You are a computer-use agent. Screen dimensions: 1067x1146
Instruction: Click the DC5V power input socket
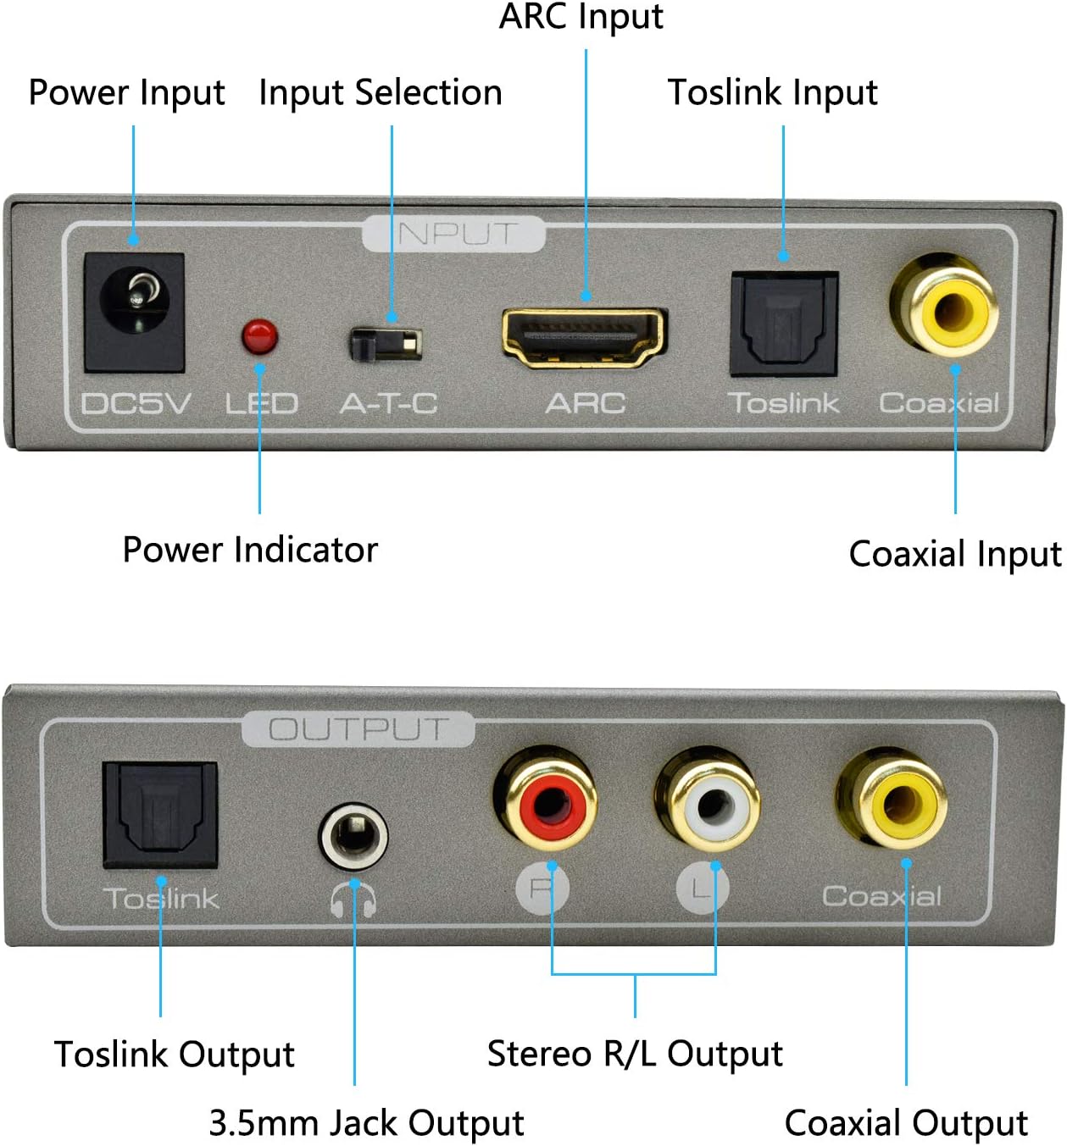(135, 313)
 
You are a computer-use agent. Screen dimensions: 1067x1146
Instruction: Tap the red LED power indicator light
(260, 337)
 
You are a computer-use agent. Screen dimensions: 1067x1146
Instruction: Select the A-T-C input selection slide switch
(386, 345)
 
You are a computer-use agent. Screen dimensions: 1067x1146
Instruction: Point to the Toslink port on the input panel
(784, 324)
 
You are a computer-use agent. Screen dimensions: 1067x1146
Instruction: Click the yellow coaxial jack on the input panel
(945, 306)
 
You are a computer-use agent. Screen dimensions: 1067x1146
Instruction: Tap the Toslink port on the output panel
(160, 815)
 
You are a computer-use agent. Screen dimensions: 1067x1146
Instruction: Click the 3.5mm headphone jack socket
(353, 836)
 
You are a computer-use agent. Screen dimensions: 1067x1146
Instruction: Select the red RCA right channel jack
(546, 800)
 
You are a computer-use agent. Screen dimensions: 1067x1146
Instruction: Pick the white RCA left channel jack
(708, 800)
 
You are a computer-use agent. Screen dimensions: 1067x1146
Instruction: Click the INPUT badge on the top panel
(453, 234)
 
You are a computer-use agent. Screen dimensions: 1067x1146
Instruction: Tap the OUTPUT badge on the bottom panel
(358, 728)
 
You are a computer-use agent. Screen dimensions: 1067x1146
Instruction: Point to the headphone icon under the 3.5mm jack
(353, 899)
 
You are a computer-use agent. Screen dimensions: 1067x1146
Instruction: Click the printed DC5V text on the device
(136, 403)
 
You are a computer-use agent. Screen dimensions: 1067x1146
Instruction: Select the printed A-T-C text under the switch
(389, 403)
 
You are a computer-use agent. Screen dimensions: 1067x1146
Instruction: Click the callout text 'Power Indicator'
(251, 550)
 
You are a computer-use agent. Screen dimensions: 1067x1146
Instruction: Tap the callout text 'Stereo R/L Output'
(635, 1055)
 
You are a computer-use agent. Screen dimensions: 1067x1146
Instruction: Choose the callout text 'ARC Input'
(581, 16)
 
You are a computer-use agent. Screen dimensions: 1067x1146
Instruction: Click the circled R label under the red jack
(542, 888)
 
